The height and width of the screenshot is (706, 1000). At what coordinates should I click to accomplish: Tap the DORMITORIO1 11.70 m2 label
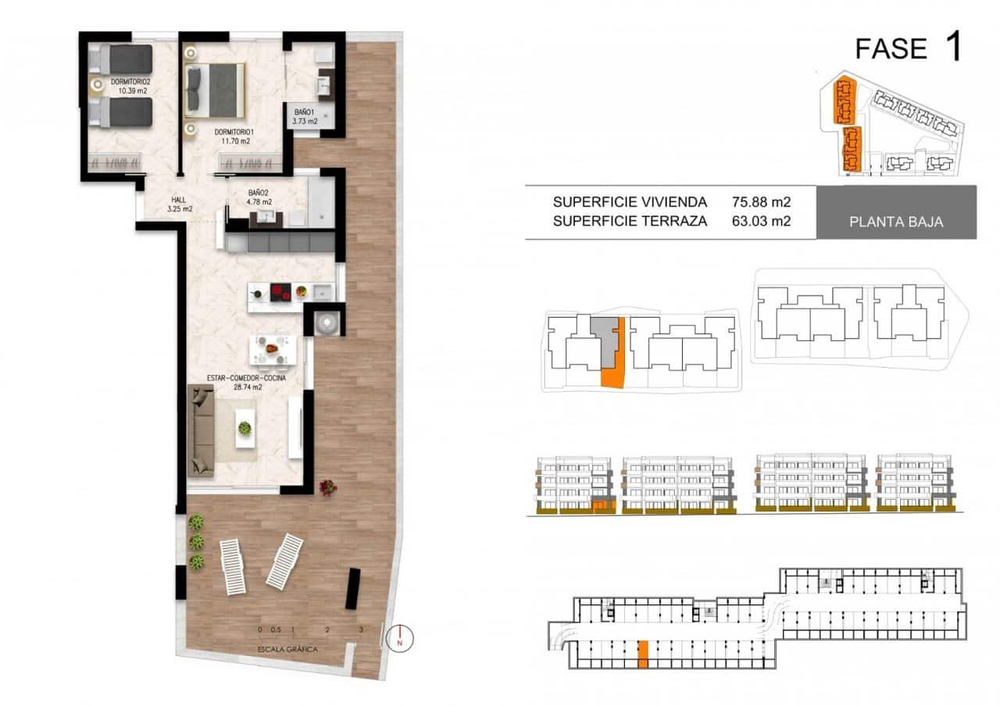233,137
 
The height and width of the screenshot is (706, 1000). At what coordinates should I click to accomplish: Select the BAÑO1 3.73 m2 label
305,116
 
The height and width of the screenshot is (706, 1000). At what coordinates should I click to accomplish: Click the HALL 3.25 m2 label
180,205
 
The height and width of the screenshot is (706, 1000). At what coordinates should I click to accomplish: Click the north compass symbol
400,639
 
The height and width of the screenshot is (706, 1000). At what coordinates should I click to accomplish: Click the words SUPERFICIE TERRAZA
630,221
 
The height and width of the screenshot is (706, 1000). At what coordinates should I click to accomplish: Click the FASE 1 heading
907,48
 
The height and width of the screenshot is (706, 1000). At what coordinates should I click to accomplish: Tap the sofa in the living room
201,430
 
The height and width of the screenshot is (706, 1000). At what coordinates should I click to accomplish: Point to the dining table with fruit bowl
272,349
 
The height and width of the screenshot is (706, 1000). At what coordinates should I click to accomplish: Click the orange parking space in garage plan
642,654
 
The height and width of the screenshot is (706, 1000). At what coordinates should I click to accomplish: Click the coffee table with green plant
245,429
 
